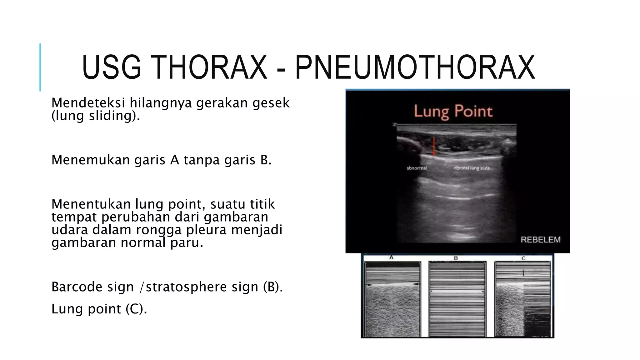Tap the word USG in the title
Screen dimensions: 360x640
click(112, 67)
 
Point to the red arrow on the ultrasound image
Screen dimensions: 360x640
click(433, 146)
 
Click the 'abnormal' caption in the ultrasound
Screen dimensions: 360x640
click(417, 168)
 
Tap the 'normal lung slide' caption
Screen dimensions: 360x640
click(472, 168)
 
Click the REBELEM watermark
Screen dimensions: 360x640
click(540, 240)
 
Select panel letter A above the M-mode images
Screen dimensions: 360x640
click(391, 258)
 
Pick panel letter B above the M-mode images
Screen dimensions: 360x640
click(456, 258)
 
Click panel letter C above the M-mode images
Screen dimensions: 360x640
click(523, 258)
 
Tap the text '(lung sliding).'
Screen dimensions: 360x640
click(96, 116)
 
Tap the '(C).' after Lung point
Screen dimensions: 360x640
click(136, 309)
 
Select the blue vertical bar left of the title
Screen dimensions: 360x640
click(40, 67)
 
